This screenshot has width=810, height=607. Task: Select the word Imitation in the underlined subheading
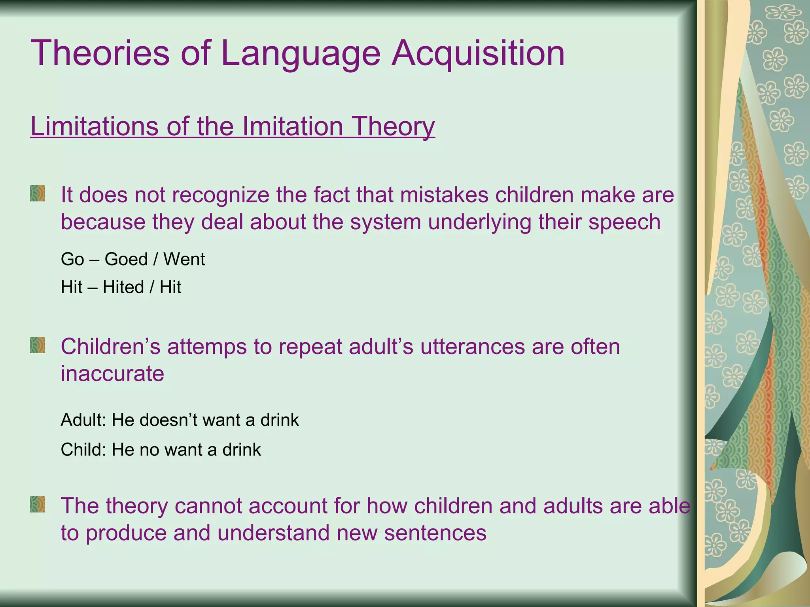click(x=293, y=126)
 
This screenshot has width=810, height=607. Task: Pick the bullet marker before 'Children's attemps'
click(x=38, y=345)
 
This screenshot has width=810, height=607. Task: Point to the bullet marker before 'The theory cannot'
click(x=38, y=505)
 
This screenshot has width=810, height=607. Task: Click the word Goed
click(x=126, y=259)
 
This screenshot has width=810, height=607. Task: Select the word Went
click(x=184, y=259)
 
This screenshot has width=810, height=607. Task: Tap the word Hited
click(x=123, y=287)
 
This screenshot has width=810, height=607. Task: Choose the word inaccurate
click(x=112, y=373)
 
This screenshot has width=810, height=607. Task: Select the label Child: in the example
click(x=83, y=450)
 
